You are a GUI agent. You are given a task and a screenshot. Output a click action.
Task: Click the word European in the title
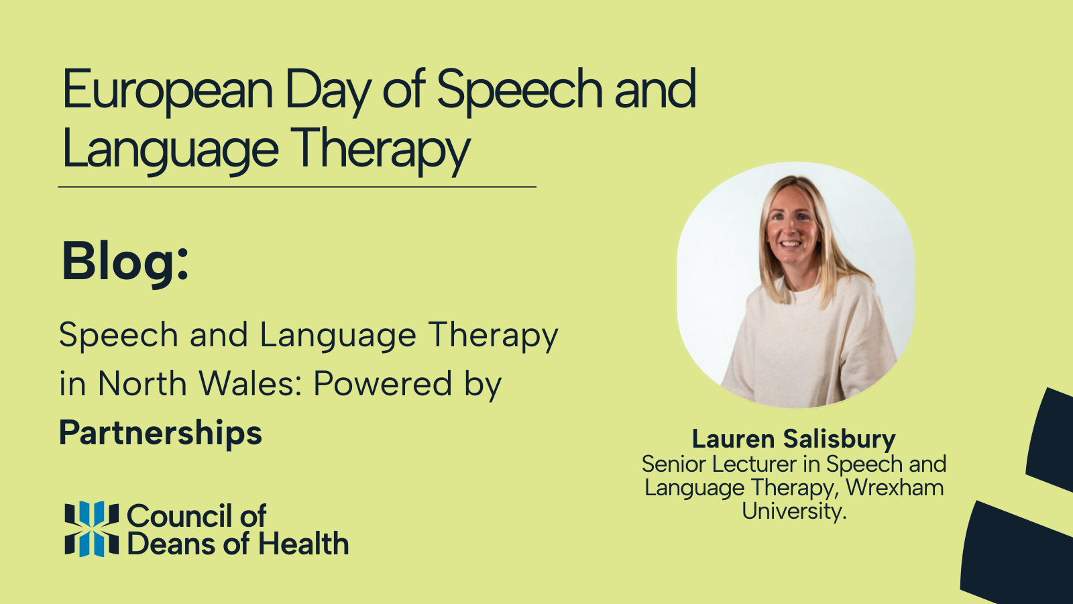168,91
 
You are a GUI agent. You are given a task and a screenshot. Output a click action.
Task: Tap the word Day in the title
327,91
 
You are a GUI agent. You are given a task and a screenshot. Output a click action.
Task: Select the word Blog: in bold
125,262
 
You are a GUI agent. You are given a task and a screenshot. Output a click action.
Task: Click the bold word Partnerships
160,434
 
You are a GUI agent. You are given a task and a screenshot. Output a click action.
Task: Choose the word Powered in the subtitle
383,385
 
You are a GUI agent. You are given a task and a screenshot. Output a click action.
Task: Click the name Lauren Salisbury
793,439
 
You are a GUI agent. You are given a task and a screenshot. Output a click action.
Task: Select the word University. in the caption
794,511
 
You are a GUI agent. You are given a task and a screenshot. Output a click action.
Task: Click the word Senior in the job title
675,464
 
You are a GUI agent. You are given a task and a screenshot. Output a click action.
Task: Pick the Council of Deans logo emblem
91,529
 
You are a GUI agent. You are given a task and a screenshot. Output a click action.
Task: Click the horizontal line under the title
297,187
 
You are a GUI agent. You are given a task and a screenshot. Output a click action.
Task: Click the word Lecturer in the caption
754,464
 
